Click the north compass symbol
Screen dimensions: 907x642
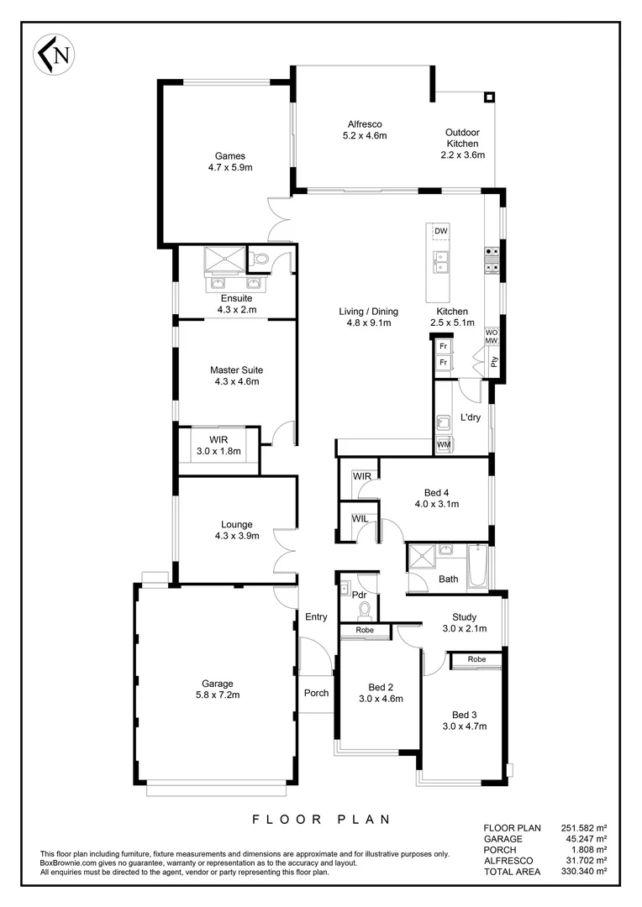pos(51,55)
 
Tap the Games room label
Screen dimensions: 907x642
pos(229,155)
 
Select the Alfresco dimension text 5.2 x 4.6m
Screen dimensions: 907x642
pos(365,134)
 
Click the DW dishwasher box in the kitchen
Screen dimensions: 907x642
pos(440,231)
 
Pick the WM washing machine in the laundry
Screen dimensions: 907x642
pos(444,443)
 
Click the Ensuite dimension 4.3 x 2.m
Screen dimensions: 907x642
pos(236,310)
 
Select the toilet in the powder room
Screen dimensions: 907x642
pos(364,607)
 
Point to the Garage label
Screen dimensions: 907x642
pos(217,683)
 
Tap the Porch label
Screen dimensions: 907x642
pos(316,693)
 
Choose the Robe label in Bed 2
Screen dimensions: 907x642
pos(365,630)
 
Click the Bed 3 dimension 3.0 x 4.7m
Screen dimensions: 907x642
pos(465,726)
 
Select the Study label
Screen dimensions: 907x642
pos(464,616)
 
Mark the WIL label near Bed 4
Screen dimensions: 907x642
pos(359,518)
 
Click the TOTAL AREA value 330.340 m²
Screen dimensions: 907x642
pos(583,872)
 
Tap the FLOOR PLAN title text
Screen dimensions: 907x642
pos(321,819)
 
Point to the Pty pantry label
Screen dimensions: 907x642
pos(494,362)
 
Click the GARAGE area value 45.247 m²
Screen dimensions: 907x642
pos(583,839)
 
